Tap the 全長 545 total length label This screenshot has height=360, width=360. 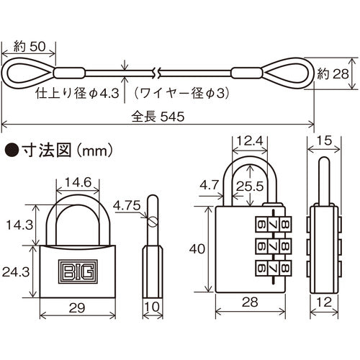158,115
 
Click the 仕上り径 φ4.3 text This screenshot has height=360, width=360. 82,93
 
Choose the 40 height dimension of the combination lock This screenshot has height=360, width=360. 197,249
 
